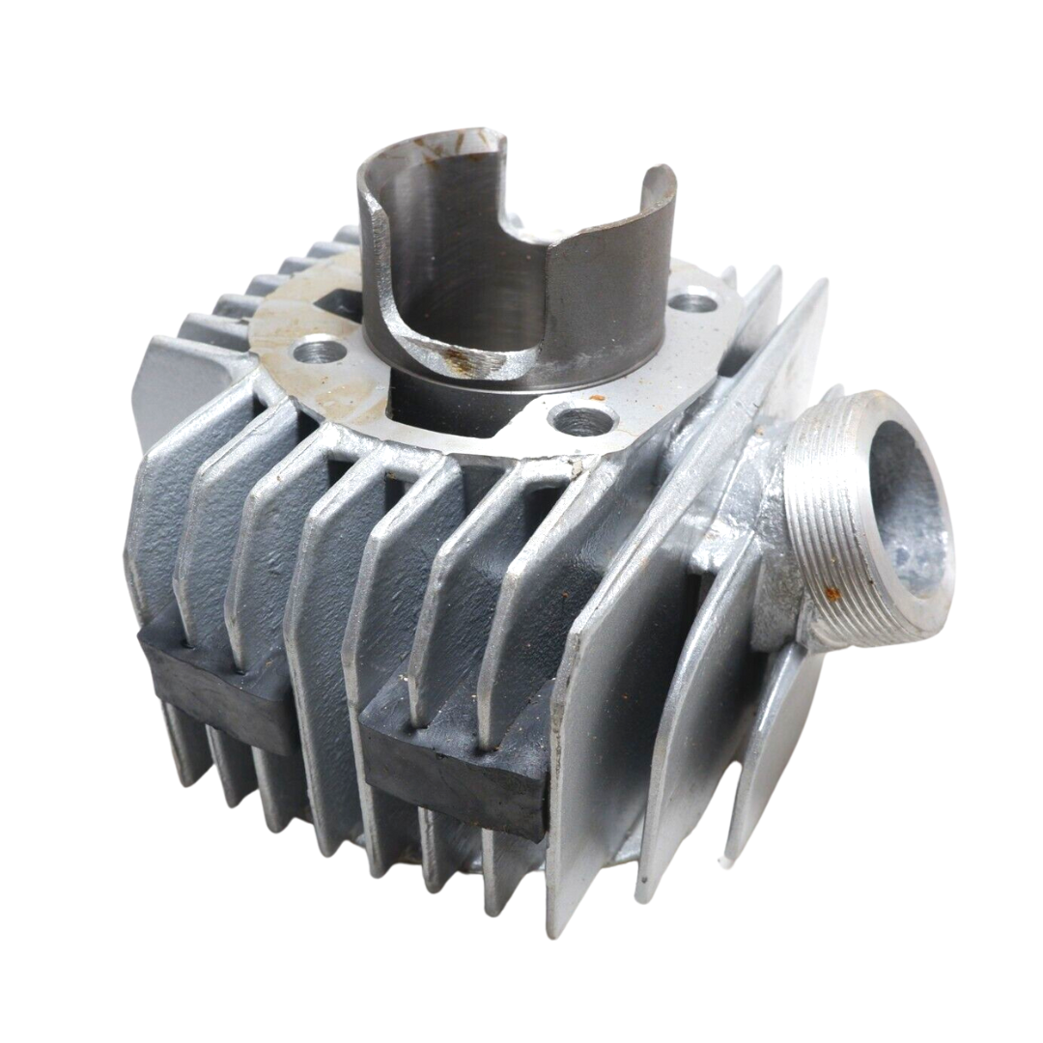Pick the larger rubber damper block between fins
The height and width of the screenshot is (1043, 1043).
point(454,753)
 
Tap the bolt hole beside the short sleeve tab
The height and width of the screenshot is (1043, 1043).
point(692,302)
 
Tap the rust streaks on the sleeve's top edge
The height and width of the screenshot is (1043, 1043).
point(454,145)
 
